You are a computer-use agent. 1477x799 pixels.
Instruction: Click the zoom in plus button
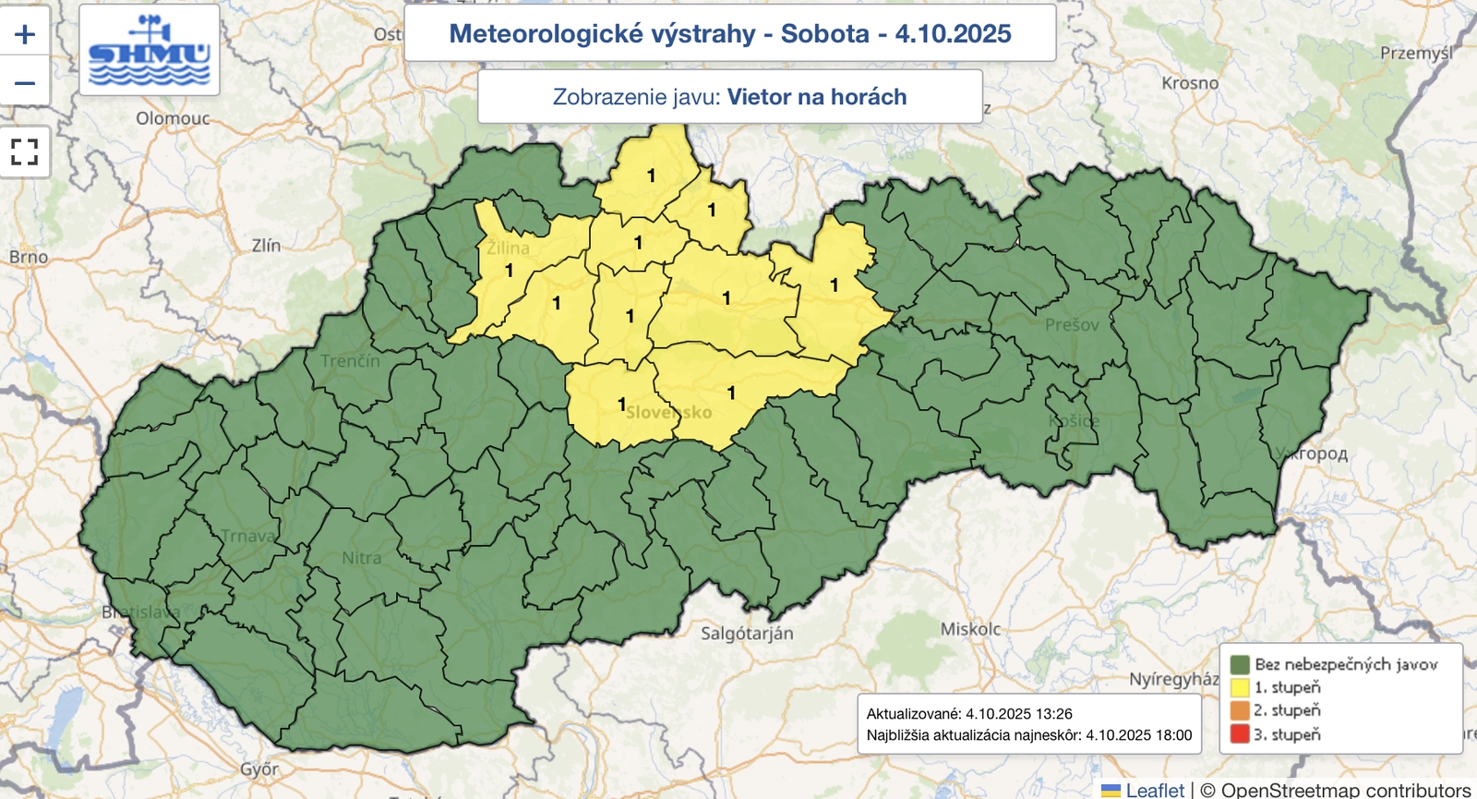[25, 34]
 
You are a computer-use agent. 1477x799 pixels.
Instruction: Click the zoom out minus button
[25, 83]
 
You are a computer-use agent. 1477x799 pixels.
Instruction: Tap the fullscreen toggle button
[25, 151]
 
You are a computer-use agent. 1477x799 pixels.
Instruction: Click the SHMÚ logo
[149, 51]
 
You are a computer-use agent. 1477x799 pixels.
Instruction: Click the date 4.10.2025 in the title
[953, 34]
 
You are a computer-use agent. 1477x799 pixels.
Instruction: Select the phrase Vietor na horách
[816, 97]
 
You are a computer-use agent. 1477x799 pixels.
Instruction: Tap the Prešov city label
[1072, 324]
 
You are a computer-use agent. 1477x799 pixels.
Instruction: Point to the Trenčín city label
[350, 360]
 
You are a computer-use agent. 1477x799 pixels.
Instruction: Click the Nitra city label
[361, 558]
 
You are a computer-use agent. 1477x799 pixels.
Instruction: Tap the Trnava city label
[247, 536]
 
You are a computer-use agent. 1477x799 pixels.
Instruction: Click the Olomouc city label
[173, 118]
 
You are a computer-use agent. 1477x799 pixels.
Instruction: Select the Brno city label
[28, 257]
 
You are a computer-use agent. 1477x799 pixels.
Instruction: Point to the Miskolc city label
[970, 629]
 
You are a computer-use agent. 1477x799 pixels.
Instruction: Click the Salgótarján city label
[746, 634]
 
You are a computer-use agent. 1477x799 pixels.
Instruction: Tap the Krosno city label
[1190, 83]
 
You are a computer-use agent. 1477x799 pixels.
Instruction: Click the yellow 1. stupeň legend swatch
[1240, 687]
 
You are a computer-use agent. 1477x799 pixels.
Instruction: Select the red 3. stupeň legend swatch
[1240, 734]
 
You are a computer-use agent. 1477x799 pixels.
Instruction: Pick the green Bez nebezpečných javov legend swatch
[1240, 664]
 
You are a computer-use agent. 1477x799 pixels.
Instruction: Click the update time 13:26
[1053, 714]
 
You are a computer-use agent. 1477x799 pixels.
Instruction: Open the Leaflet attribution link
[1154, 790]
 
